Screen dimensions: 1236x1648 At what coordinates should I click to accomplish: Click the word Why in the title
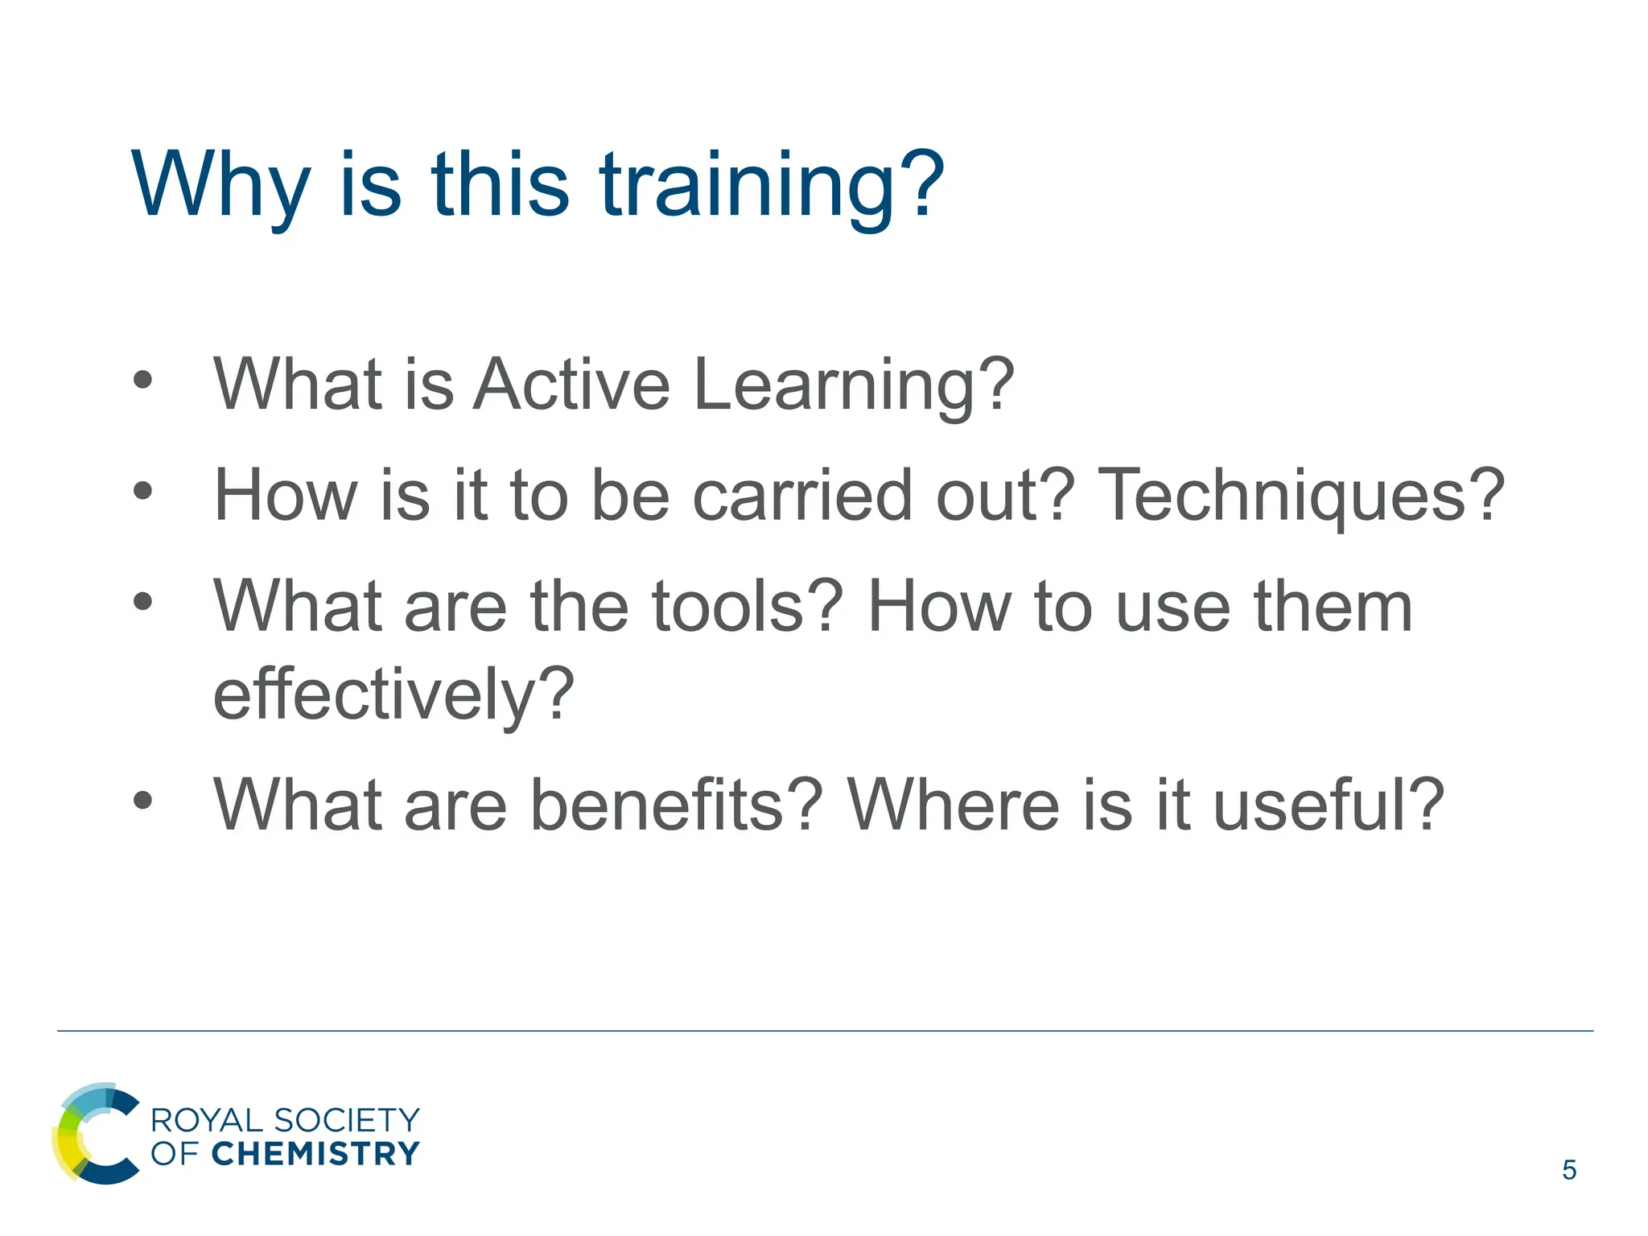click(x=220, y=187)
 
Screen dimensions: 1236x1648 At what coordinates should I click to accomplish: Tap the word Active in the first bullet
click(x=571, y=385)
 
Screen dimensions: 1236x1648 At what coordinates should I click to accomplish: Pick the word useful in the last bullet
click(x=1316, y=805)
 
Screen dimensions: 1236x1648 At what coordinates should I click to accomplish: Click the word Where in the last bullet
click(x=953, y=805)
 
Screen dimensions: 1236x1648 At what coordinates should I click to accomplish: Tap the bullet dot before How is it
click(x=143, y=491)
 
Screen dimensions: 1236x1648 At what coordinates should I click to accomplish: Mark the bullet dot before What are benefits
click(x=143, y=801)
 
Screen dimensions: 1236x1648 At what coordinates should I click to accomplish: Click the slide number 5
click(x=1568, y=1170)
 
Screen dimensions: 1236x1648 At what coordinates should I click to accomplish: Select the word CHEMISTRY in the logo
click(x=315, y=1154)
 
